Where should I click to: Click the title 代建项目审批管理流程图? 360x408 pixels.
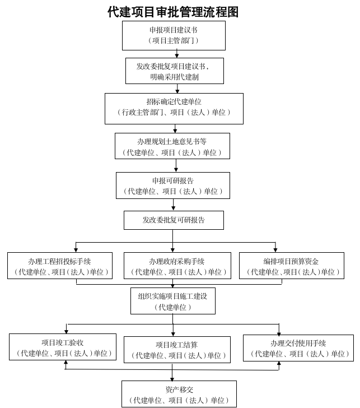(x=173, y=12)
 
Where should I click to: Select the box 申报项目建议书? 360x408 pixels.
(x=174, y=35)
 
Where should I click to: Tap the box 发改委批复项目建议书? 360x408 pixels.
(x=174, y=71)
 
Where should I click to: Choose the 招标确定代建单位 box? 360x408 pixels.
(x=174, y=108)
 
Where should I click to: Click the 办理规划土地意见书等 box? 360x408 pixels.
(x=172, y=147)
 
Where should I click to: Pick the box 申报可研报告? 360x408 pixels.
(x=172, y=186)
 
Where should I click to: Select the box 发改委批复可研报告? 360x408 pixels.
(x=174, y=220)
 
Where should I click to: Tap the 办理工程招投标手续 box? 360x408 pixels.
(x=59, y=266)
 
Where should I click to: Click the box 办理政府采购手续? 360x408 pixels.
(x=177, y=266)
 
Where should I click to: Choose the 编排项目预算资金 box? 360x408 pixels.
(x=291, y=266)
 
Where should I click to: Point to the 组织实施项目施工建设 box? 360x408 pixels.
(x=172, y=300)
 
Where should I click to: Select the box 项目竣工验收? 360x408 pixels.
(x=63, y=347)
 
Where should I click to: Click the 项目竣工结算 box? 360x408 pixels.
(x=177, y=349)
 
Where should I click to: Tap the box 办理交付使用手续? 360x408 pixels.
(x=298, y=347)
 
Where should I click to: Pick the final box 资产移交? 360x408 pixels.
(x=179, y=393)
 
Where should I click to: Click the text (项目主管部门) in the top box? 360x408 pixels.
(x=174, y=41)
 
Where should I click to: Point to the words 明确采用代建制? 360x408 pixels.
(x=174, y=77)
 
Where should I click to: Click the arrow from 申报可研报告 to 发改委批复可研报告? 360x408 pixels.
(x=173, y=205)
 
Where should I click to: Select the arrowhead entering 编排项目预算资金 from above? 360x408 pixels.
(x=275, y=249)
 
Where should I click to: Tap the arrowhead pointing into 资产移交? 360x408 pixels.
(x=172, y=378)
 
